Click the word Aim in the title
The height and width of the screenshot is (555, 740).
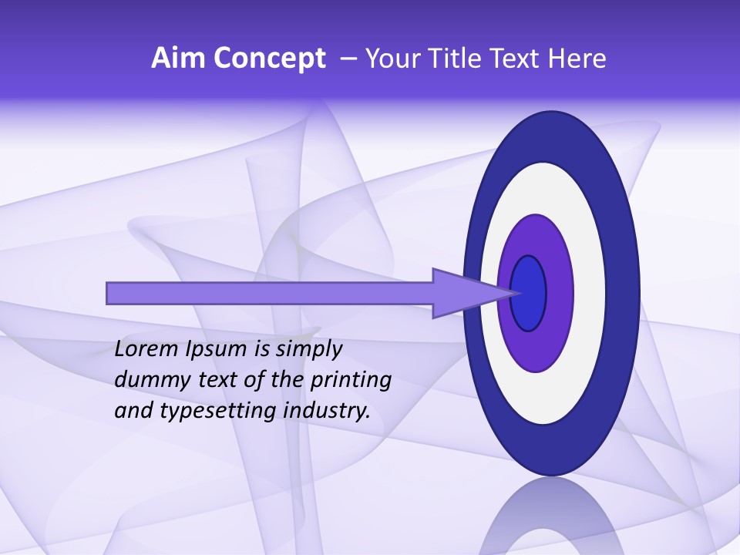[x=178, y=59]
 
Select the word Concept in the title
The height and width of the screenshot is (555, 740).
[x=269, y=59]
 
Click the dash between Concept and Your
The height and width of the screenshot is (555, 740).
[x=348, y=59]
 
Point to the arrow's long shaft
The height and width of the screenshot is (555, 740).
[x=270, y=293]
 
